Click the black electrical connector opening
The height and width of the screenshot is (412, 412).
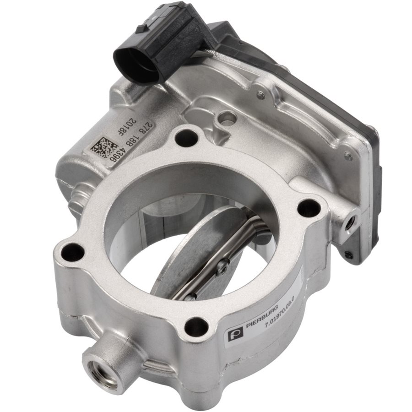tap(134, 65)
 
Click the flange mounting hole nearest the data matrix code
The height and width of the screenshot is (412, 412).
tap(186, 136)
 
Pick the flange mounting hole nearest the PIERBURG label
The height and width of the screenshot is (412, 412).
tap(196, 326)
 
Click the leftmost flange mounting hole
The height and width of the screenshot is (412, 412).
tap(73, 252)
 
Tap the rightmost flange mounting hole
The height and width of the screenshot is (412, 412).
tap(309, 208)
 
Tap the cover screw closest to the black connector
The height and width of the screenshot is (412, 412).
tap(260, 95)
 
